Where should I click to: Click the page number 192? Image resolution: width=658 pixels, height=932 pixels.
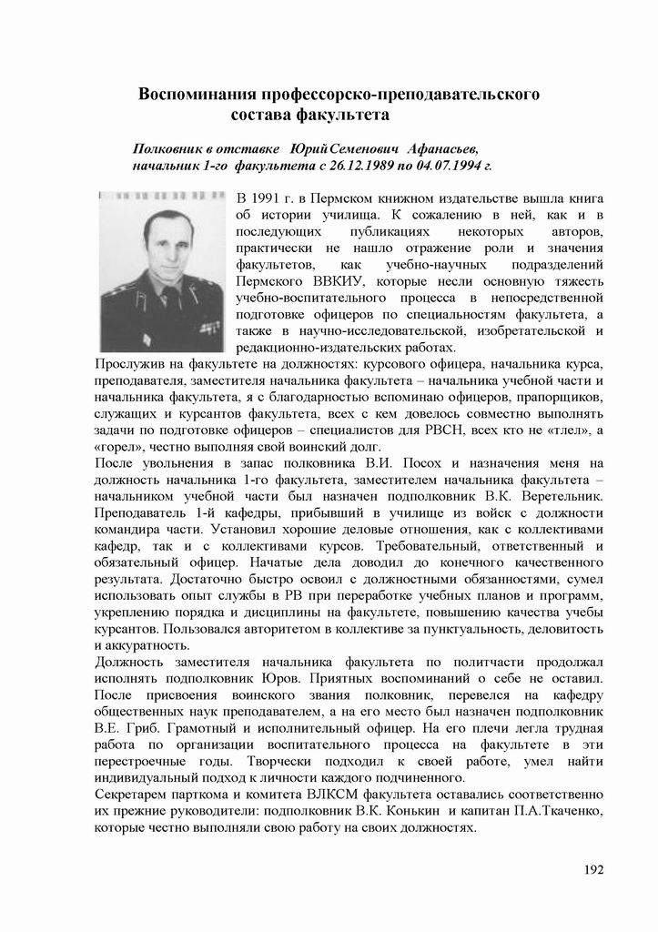coord(594,869)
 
